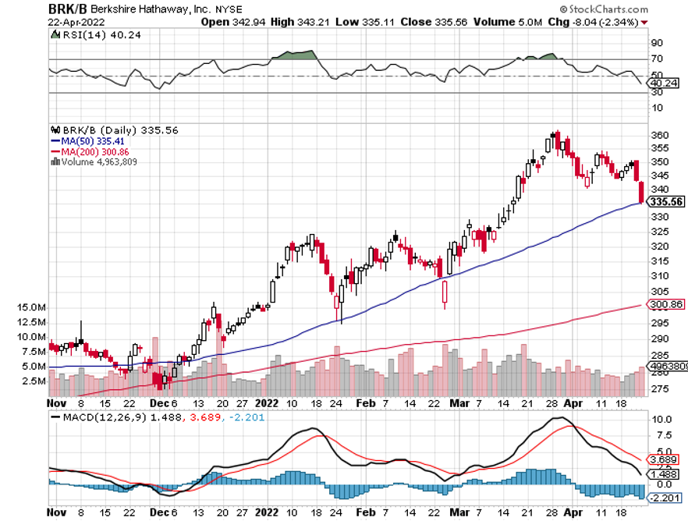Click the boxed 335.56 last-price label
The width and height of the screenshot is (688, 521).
[667, 201]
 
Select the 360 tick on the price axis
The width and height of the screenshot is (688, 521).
[660, 135]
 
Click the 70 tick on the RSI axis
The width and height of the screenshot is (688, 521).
[657, 58]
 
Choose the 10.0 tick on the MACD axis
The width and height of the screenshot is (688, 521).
[661, 419]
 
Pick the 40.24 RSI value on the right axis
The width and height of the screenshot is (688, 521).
[664, 83]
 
